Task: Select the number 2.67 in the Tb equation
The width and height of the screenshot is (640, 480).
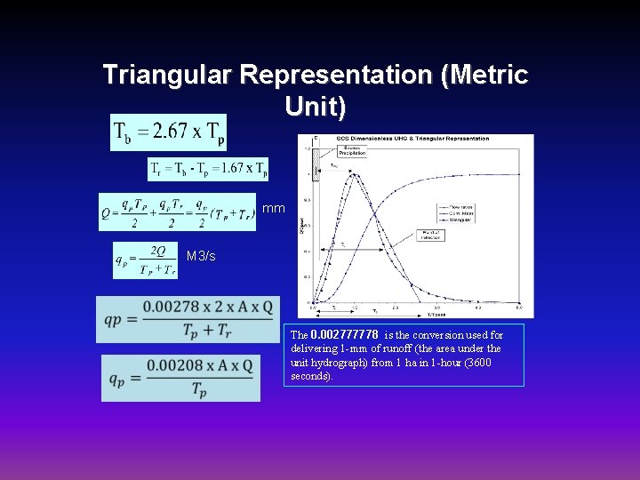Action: [x=170, y=132]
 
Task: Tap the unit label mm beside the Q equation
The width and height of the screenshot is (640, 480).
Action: [x=274, y=210]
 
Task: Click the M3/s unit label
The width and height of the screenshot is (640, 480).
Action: [x=201, y=256]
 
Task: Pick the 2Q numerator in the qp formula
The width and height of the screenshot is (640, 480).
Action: [x=160, y=250]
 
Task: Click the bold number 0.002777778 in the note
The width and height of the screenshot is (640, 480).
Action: [x=345, y=335]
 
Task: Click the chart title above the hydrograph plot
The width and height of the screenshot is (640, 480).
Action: [x=412, y=139]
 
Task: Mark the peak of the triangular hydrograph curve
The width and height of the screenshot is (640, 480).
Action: [x=354, y=174]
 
